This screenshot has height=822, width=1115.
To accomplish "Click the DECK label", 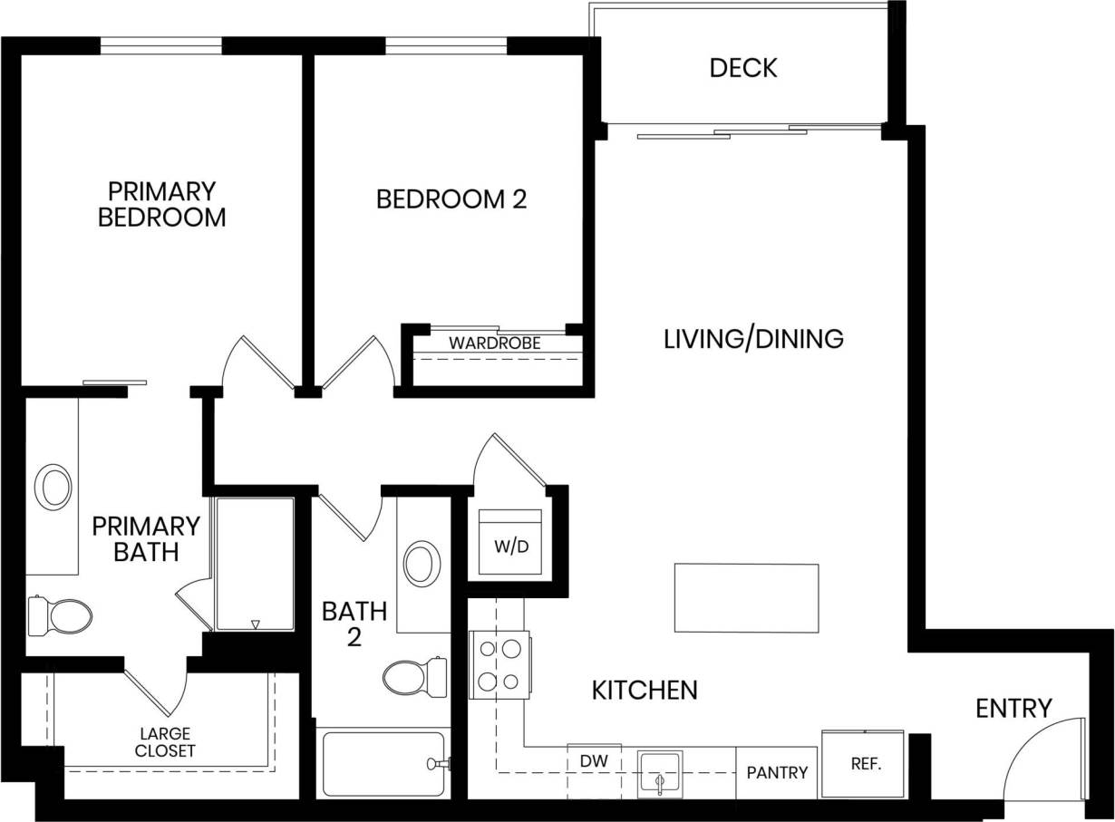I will (743, 68).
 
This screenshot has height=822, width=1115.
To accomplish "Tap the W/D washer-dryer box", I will (510, 544).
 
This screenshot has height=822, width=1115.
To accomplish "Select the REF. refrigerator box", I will (863, 763).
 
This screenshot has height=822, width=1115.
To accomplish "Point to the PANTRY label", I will (777, 772).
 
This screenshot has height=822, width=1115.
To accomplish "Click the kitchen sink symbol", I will (659, 773).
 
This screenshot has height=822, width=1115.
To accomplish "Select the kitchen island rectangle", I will (746, 597).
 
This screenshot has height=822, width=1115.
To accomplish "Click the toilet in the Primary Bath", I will (60, 616).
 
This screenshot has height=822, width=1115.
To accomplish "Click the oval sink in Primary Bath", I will (53, 488).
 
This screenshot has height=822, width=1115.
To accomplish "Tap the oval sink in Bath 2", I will (421, 564).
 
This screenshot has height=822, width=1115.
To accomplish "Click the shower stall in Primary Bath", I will (255, 564).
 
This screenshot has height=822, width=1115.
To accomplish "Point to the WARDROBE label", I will (494, 343).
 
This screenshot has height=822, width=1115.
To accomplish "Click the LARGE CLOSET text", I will (164, 742).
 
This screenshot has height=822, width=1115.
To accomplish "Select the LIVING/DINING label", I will (753, 339).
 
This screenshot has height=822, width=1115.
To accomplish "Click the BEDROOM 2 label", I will (451, 199).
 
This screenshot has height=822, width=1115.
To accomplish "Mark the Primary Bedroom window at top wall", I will (160, 45).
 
